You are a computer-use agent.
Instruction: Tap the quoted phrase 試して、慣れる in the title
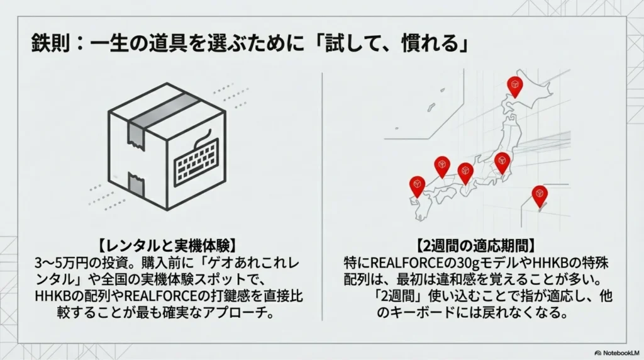click(394, 43)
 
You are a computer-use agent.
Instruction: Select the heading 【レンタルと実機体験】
click(167, 245)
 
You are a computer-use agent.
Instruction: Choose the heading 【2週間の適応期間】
click(476, 245)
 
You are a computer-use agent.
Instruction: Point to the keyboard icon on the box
click(196, 158)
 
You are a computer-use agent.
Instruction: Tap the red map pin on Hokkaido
click(514, 87)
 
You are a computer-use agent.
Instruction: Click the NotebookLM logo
click(617, 352)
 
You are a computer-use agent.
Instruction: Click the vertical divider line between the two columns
click(322, 196)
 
